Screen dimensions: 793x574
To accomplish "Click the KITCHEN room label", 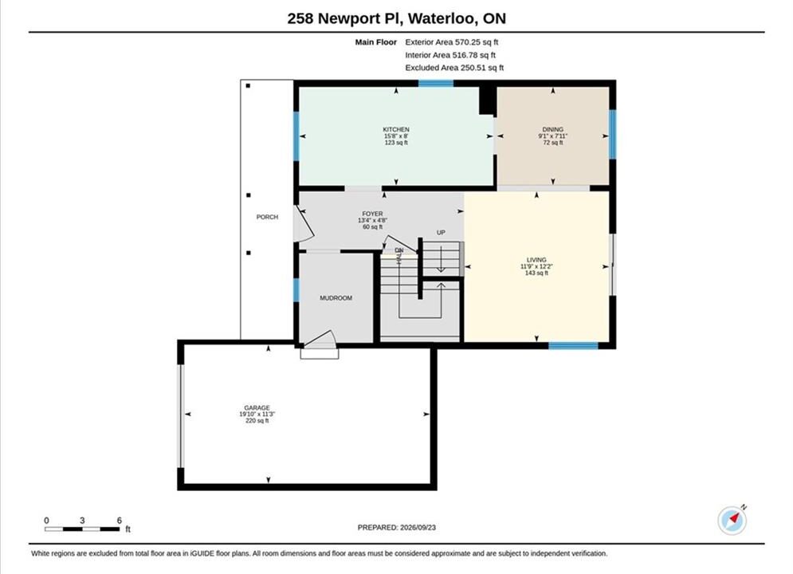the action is (396, 129).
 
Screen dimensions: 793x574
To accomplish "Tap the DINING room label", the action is (553, 129).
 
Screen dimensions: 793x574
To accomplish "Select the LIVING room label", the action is (536, 260).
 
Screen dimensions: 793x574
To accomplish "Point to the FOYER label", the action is (373, 214).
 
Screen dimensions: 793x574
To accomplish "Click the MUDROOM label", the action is (336, 298).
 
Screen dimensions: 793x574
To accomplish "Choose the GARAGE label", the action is (257, 407).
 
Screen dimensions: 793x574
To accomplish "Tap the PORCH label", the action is (267, 217).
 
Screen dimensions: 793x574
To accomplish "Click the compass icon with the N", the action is (732, 520).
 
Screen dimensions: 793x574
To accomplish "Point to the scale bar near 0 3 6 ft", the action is (82, 529).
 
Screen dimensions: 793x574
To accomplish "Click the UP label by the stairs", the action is (441, 233).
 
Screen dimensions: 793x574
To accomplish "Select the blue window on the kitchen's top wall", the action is (435, 84).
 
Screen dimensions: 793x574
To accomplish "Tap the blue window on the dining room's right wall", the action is (612, 134).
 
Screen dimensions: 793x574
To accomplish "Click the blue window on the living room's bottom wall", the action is (574, 346).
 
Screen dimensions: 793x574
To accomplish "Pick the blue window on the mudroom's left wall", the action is (296, 290).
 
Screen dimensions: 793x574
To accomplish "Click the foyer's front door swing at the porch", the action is (304, 223).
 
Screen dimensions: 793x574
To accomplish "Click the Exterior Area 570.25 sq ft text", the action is (452, 42).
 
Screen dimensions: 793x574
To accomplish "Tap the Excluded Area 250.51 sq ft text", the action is (454, 67).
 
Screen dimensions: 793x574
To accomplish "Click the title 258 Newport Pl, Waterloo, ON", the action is (397, 18).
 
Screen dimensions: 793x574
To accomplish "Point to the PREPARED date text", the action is (397, 528).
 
